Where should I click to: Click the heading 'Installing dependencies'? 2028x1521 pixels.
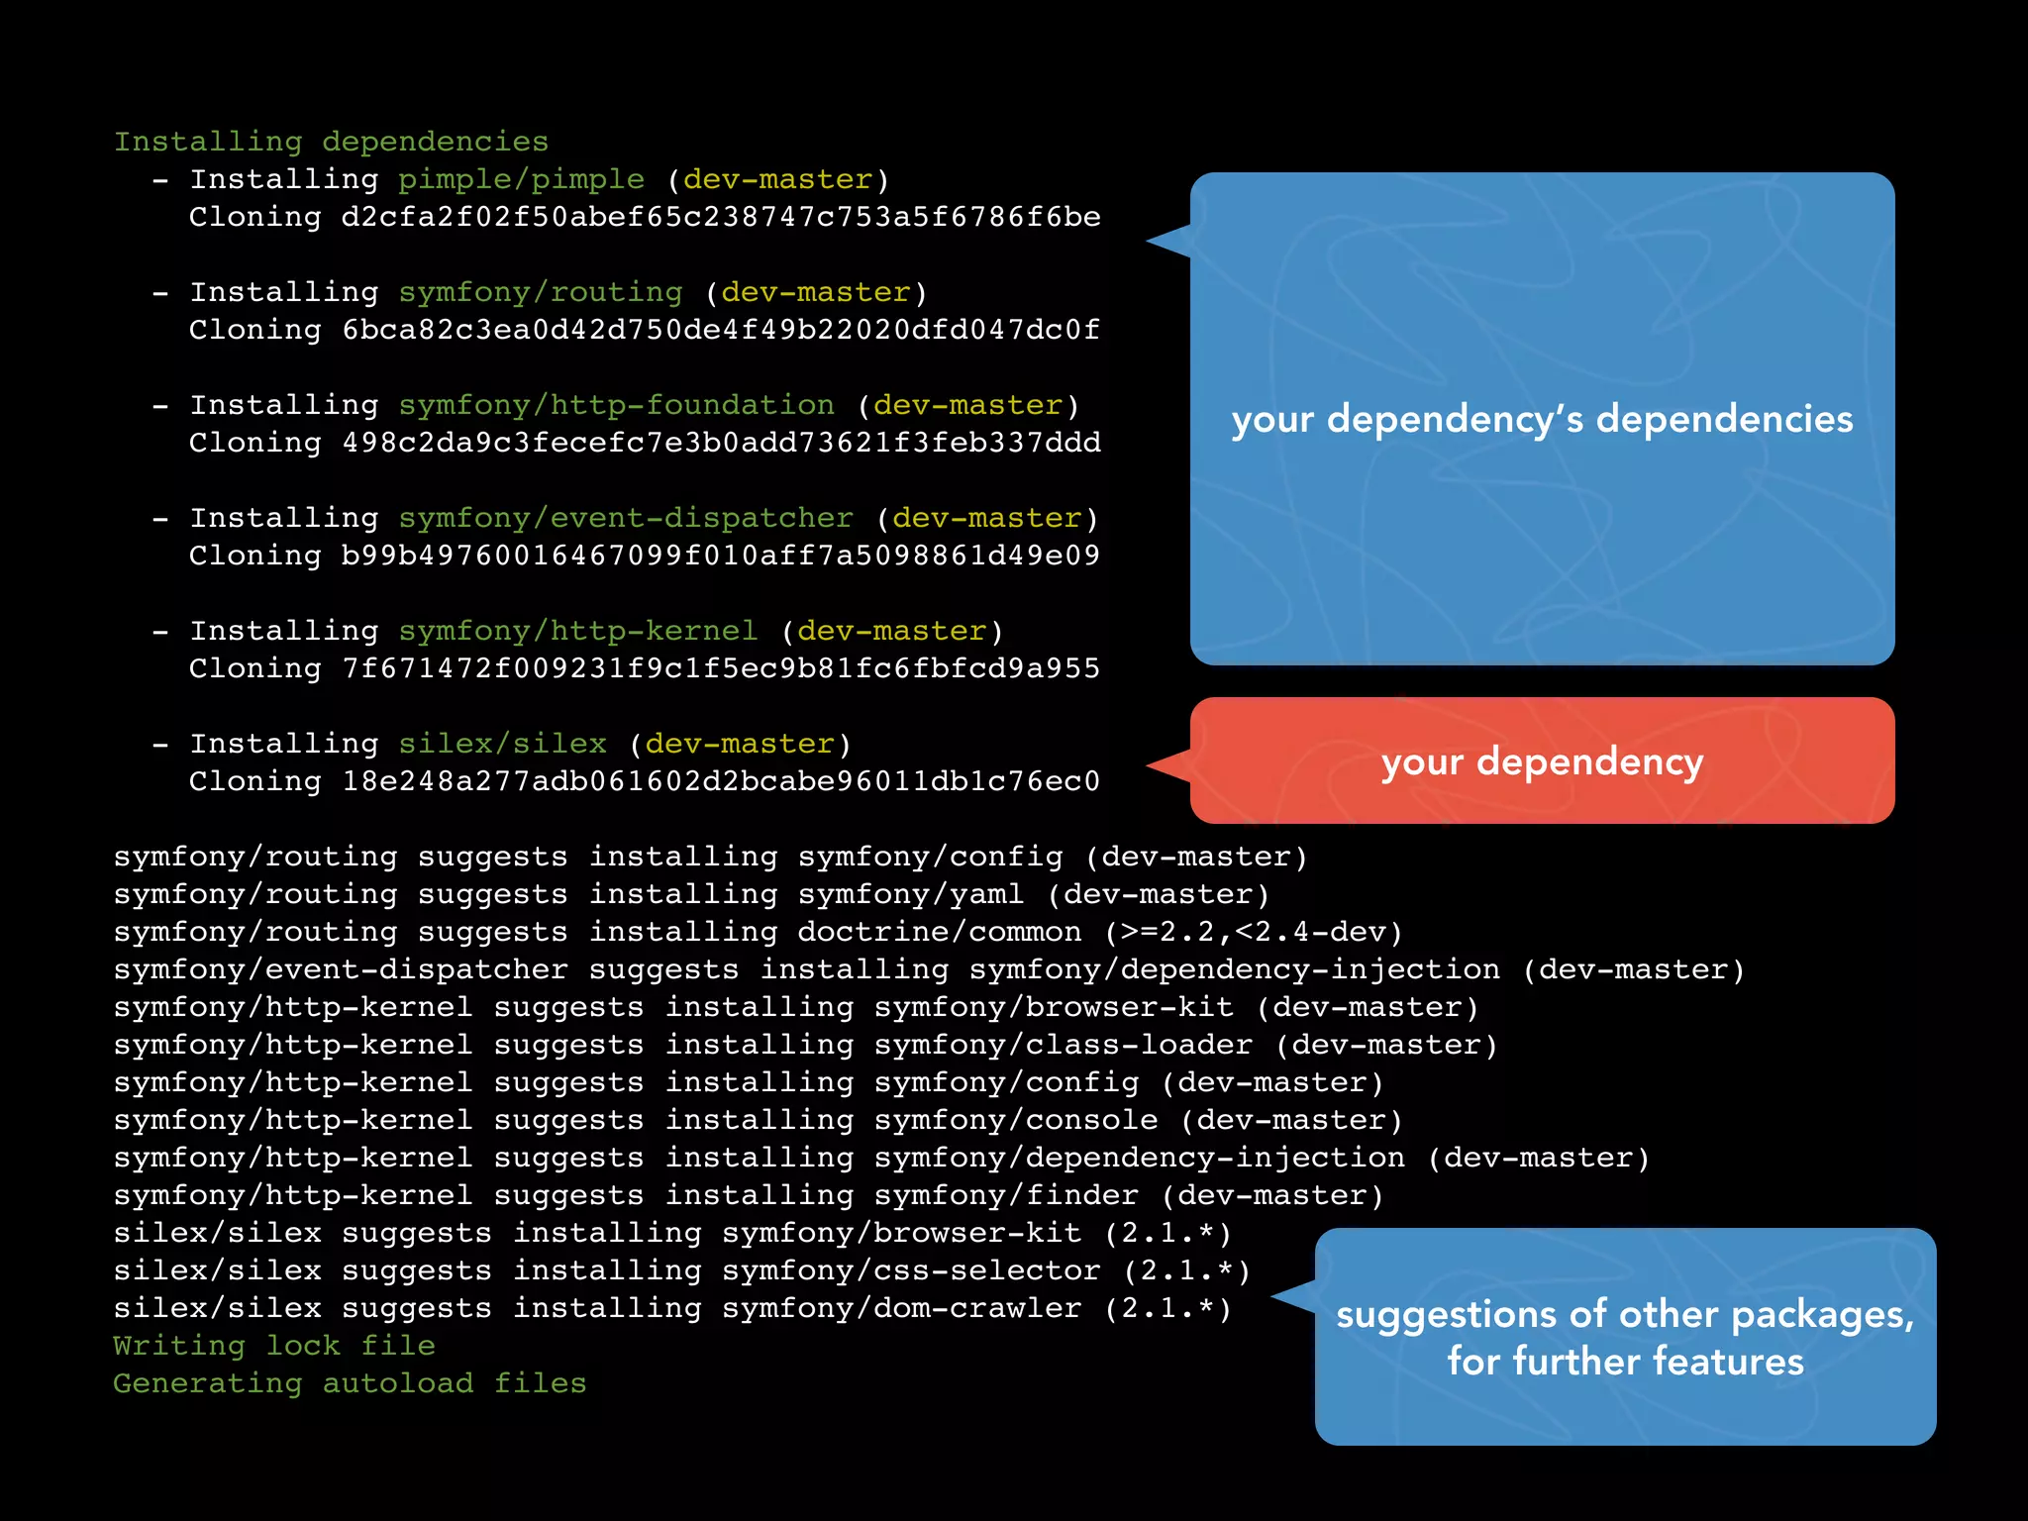331,142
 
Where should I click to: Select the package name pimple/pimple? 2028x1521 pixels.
521,179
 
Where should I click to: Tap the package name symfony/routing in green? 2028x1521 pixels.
541,292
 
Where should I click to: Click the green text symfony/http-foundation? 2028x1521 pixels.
616,405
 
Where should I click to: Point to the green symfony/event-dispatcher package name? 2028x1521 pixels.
626,518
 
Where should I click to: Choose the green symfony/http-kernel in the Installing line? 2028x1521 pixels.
578,631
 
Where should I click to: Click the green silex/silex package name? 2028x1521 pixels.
502,744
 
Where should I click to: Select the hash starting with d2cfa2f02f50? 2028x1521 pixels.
720,217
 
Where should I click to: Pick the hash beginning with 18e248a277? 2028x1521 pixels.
720,781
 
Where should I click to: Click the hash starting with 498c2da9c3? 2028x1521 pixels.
720,443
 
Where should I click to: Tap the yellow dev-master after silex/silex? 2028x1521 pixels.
740,744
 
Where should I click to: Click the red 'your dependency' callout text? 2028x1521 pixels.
1542,761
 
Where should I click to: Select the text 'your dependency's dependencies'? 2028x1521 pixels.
1542,419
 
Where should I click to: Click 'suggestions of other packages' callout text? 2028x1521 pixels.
1625,1315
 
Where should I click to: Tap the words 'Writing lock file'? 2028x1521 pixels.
274,1346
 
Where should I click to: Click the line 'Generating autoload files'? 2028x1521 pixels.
350,1383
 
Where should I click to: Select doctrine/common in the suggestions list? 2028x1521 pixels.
939,932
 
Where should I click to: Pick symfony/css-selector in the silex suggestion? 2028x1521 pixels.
910,1270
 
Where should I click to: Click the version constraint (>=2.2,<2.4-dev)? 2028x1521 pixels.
1254,932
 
